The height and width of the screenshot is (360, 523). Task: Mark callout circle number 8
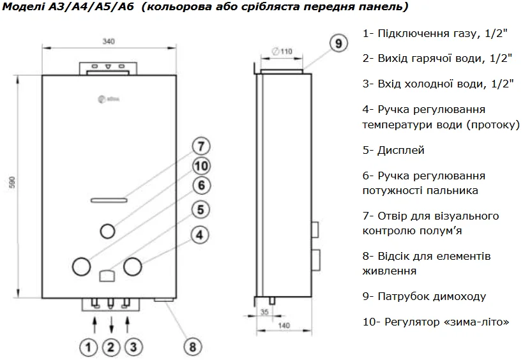click(192, 347)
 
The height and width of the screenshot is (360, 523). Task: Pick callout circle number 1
click(89, 347)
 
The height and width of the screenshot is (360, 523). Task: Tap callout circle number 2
click(110, 347)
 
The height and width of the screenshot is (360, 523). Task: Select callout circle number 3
click(132, 347)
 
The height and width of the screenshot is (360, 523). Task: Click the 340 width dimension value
click(108, 41)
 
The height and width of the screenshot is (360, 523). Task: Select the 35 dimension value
click(264, 311)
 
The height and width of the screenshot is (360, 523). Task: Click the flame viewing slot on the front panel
click(110, 200)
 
